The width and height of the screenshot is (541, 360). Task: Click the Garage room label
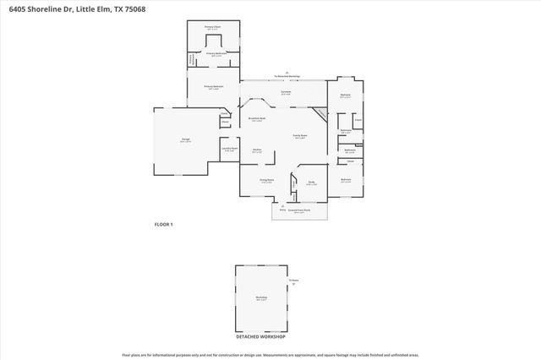pos(184,141)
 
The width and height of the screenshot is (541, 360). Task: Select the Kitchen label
pos(257,151)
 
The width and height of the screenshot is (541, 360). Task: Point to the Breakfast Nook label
pos(258,119)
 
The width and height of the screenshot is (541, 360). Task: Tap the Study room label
pos(311,183)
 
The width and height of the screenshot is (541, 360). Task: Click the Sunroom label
pos(287,93)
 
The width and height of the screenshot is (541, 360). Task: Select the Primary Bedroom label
pos(213,87)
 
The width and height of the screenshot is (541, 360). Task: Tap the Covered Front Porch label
pos(298,210)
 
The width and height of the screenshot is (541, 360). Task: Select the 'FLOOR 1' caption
pos(163,224)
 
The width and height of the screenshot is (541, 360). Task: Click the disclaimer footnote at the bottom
pos(270,355)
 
